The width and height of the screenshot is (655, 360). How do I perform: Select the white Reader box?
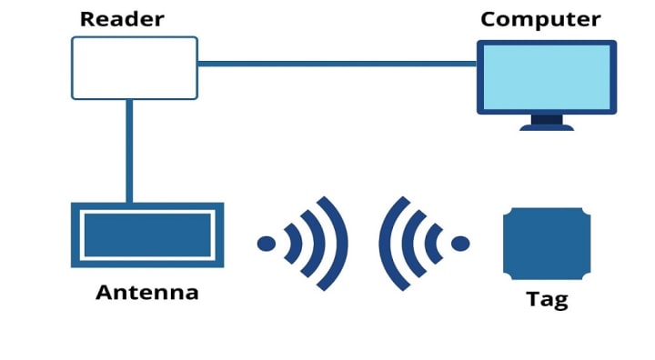[x=135, y=68]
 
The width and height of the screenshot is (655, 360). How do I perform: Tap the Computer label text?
[x=540, y=19]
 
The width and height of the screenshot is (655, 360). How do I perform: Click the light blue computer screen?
[x=547, y=76]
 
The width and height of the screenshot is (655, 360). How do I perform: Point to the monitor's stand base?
[x=547, y=127]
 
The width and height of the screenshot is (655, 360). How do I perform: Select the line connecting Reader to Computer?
[x=337, y=64]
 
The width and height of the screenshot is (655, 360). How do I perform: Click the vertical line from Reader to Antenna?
[x=129, y=150]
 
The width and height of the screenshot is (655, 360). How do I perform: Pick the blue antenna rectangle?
[x=147, y=235]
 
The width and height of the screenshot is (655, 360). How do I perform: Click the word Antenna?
[x=146, y=293]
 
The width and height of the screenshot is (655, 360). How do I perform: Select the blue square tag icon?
[x=547, y=244]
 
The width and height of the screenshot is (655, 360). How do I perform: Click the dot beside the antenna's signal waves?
[x=267, y=244]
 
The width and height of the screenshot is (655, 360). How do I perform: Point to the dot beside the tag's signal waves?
[x=461, y=244]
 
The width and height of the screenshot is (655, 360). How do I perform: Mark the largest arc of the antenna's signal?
[x=340, y=244]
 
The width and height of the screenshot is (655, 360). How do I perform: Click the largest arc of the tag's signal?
[x=388, y=244]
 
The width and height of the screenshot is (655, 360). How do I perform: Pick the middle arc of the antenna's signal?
[x=317, y=244]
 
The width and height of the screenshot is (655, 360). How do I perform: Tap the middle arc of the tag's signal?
[x=410, y=244]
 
